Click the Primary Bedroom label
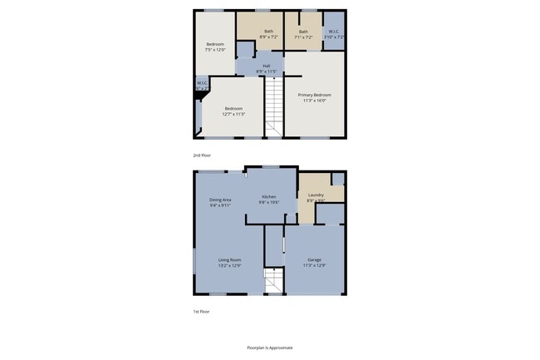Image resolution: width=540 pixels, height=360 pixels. click(315, 95)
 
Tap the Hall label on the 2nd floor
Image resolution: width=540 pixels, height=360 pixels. click(266, 66)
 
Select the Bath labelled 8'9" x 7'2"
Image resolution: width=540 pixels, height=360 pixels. click(268, 31)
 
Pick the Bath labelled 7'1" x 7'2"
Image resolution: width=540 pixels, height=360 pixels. click(303, 32)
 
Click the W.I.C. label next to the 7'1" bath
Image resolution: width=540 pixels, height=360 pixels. click(334, 32)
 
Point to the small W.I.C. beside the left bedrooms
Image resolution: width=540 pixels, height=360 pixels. click(202, 83)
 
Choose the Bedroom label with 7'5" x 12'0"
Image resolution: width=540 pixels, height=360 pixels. click(215, 43)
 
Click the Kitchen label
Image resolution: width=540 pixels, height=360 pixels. click(269, 196)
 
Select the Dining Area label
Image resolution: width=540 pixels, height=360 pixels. click(220, 200)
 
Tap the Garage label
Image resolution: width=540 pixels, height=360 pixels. click(315, 259)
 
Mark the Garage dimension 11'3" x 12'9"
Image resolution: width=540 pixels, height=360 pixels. click(315, 265)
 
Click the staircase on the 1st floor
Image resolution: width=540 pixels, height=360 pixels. click(274, 282)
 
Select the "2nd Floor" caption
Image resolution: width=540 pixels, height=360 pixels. click(201, 155)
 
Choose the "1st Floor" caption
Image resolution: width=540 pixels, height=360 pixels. click(201, 312)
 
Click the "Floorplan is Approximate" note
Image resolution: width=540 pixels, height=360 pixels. click(270, 348)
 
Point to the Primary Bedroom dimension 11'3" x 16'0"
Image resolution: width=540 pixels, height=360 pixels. click(315, 101)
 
